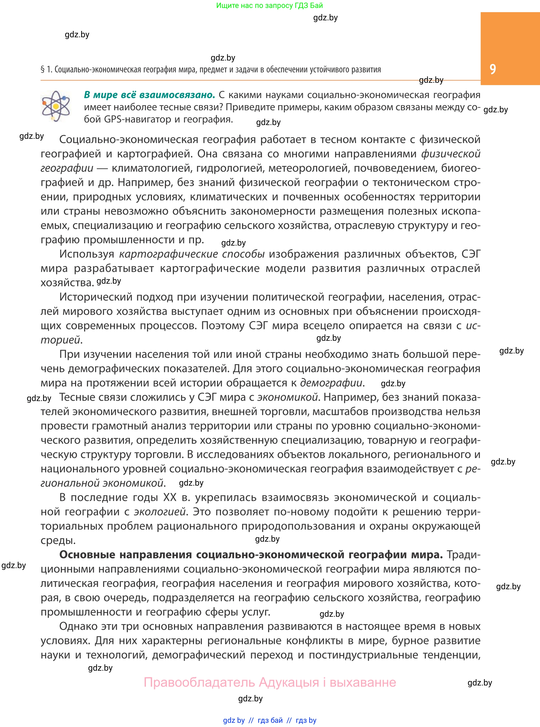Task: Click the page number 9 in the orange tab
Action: (x=493, y=69)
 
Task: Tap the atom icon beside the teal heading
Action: (x=56, y=106)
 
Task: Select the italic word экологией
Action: (x=160, y=512)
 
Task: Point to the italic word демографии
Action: (x=331, y=383)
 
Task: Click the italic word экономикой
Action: (x=287, y=397)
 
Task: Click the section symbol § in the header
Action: (x=43, y=70)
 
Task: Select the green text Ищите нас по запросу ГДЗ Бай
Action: (x=269, y=6)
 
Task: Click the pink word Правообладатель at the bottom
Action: (x=199, y=683)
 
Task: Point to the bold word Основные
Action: (x=87, y=555)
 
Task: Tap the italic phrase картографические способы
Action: (x=192, y=254)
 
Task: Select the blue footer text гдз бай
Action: (x=270, y=720)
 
